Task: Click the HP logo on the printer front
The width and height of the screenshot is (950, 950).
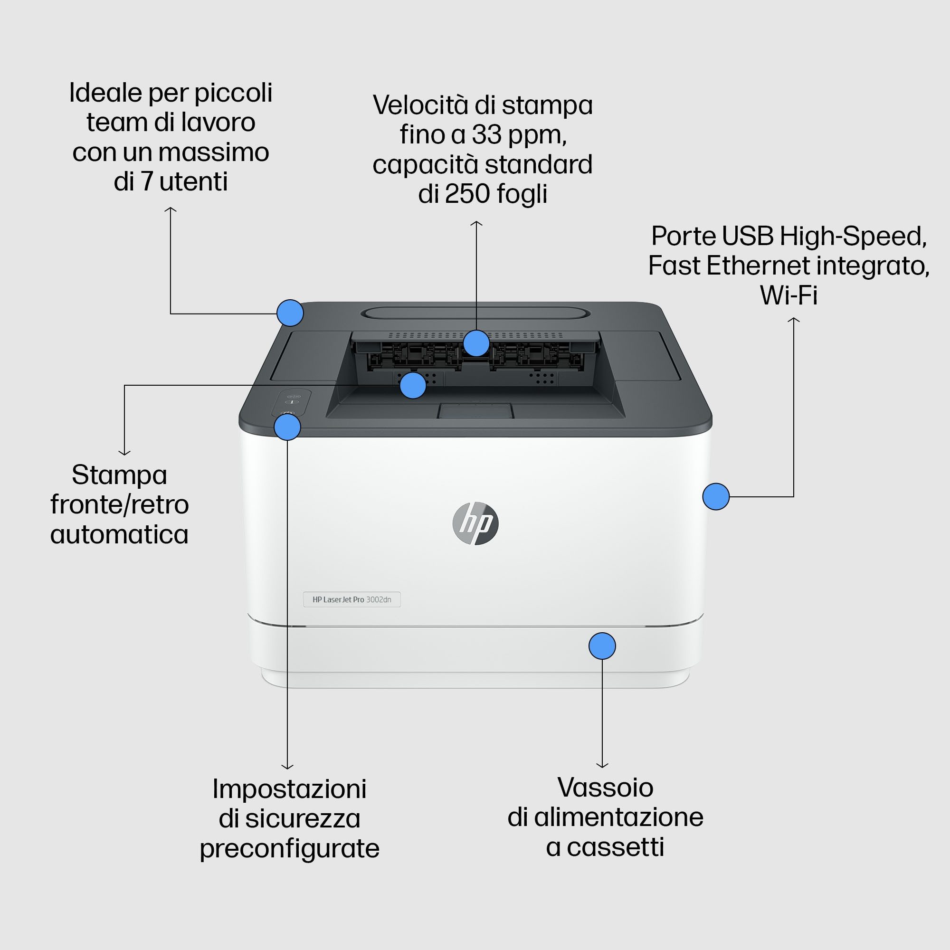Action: (475, 523)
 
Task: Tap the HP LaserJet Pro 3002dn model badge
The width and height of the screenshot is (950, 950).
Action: (352, 599)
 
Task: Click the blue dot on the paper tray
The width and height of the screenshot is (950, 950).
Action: (602, 646)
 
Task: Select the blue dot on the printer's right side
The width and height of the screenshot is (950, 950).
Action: (716, 497)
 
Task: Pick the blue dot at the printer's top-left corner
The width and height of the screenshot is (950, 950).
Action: (290, 313)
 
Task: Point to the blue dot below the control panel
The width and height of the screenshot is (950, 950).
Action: (287, 427)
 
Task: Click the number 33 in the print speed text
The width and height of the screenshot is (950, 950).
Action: (487, 134)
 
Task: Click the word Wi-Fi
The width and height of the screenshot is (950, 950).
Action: (788, 295)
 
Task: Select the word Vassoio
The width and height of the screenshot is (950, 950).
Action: (605, 787)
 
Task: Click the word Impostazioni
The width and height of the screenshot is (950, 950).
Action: (290, 788)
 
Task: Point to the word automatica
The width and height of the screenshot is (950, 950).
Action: (120, 534)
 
